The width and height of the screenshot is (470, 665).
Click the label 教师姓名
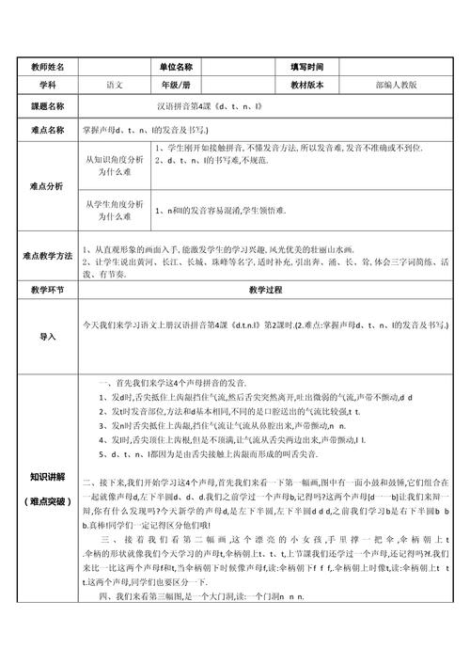tap(48, 68)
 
